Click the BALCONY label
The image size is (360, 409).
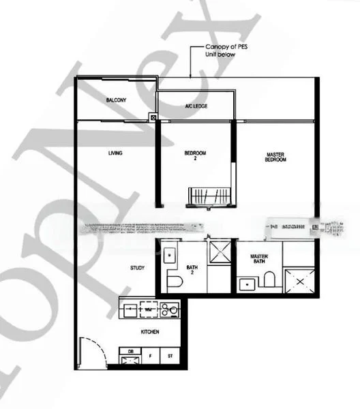pyautogui.click(x=116, y=100)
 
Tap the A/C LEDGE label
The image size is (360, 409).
pyautogui.click(x=196, y=106)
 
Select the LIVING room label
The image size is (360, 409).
pyautogui.click(x=115, y=153)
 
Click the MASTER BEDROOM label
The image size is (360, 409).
pyautogui.click(x=275, y=157)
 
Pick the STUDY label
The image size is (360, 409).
pyautogui.click(x=138, y=268)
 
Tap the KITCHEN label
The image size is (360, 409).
pyautogui.click(x=150, y=332)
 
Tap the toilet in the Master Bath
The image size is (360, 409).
pyautogui.click(x=270, y=279)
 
